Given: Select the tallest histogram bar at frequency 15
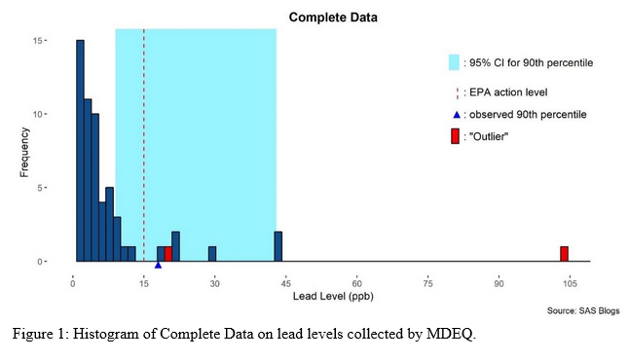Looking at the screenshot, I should (x=80, y=151).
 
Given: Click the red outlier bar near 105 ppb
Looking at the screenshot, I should (x=564, y=254).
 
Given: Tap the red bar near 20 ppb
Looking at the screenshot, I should (x=167, y=254).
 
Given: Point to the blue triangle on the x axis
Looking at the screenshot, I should (x=158, y=265).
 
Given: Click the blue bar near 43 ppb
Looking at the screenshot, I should (x=277, y=246).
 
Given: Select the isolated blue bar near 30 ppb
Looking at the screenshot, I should (x=212, y=254).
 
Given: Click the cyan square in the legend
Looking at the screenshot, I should (x=454, y=62).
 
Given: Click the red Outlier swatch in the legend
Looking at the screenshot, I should (x=454, y=136).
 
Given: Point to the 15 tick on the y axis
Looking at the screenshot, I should (x=62, y=41).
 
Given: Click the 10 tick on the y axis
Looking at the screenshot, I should (x=62, y=114).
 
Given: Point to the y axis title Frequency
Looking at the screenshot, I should (x=26, y=151).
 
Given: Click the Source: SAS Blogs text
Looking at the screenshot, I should (x=581, y=310).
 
